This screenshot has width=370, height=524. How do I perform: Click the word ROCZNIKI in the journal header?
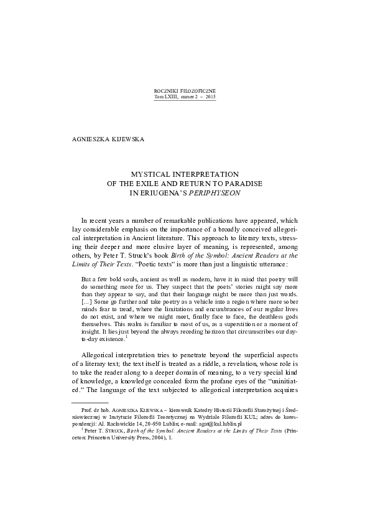click(167, 91)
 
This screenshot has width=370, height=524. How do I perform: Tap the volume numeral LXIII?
click(170, 97)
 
